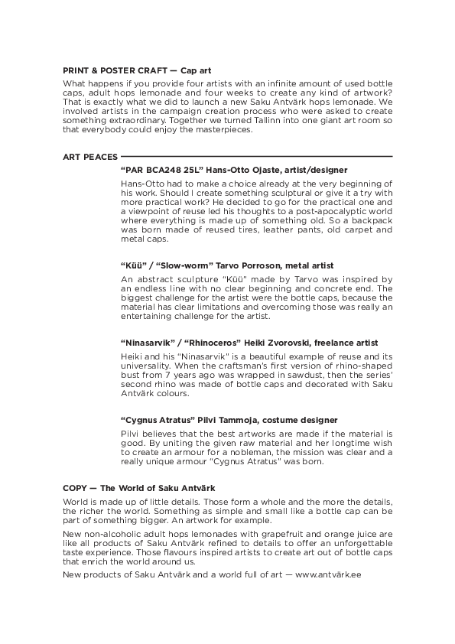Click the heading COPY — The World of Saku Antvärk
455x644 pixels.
click(x=138, y=487)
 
